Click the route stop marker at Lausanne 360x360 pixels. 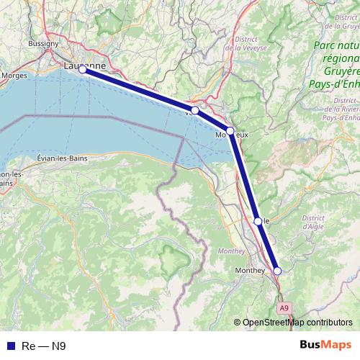point(83,70)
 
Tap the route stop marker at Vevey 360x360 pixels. point(194,110)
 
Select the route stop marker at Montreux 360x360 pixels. point(230,131)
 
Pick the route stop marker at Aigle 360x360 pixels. point(258,221)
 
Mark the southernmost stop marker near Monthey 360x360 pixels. point(277,271)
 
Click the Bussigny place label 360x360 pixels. point(45,43)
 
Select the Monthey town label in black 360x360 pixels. point(250,270)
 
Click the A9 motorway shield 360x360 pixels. point(284,308)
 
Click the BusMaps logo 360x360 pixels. point(327,345)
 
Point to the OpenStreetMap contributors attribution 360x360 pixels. point(297,322)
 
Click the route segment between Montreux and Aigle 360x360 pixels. point(244,176)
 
